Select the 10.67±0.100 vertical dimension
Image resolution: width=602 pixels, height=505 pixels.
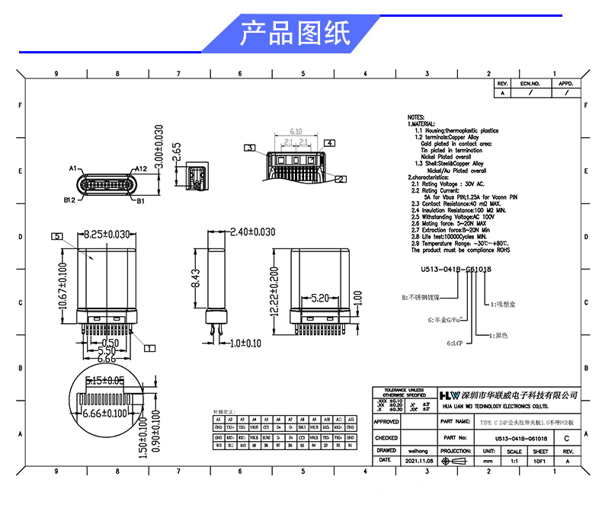(65, 283)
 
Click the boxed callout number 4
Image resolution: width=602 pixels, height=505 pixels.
(330, 142)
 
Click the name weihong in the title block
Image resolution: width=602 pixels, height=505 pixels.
(418, 451)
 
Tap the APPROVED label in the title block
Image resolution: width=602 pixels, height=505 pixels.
(386, 421)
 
